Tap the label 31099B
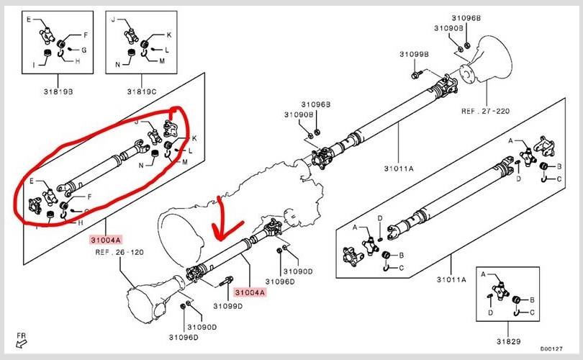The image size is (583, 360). click(415, 54)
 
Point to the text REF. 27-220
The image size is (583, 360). click(486, 112)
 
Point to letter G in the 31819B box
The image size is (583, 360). click(83, 50)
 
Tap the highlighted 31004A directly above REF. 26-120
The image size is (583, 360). click(106, 239)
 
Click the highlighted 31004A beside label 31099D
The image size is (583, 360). click(249, 292)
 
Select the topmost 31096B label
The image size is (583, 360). click(466, 17)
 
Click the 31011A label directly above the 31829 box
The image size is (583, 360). click(452, 279)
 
